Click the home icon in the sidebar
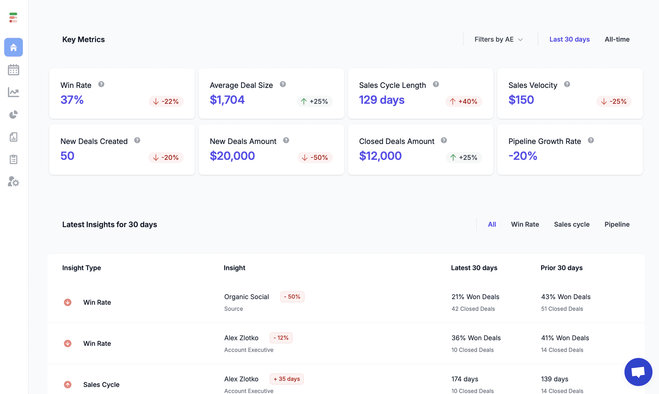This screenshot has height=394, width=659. [x=14, y=47]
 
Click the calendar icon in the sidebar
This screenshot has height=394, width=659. [x=14, y=70]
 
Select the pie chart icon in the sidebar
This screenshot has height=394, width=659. [x=14, y=115]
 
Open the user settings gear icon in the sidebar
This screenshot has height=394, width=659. [x=14, y=182]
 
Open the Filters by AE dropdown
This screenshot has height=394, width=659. [x=498, y=39]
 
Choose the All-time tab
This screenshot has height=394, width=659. [x=617, y=39]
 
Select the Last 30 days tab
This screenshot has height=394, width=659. [x=569, y=39]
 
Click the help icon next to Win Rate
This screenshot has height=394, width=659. [x=101, y=84]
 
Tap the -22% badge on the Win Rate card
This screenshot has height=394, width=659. [x=166, y=101]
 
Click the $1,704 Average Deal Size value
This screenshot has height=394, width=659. [x=227, y=100]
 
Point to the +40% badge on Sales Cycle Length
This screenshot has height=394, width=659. [x=464, y=101]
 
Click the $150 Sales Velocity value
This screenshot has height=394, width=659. [x=521, y=100]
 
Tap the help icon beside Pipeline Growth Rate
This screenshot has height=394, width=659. [x=591, y=140]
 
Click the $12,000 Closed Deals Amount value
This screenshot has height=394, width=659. [x=380, y=156]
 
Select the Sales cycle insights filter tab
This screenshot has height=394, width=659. [x=571, y=225]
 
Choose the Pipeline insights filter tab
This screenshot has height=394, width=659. [x=617, y=225]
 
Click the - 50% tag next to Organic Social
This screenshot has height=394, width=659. [x=292, y=297]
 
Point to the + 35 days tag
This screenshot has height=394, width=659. [x=287, y=379]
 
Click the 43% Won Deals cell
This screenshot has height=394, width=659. [x=566, y=297]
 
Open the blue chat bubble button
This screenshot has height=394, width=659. [x=638, y=372]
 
